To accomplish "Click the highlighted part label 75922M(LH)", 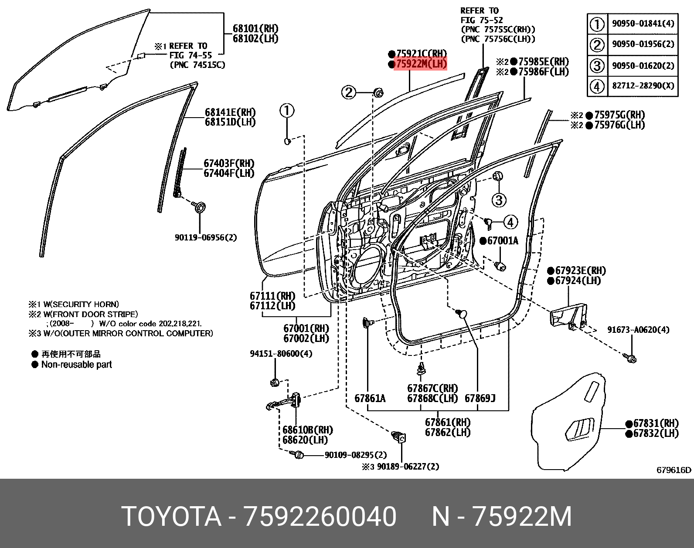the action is (421, 64).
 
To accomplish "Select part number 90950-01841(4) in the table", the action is (643, 23).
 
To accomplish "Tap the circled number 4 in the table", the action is (597, 86).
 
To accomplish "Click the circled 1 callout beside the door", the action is (287, 111).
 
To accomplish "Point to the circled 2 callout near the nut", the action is (349, 92).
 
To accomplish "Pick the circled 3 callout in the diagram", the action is (499, 200).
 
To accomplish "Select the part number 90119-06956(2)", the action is (206, 237).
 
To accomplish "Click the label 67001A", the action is (502, 240).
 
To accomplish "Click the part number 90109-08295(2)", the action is (356, 455).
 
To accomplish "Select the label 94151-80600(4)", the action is (281, 353).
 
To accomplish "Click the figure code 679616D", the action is (674, 470).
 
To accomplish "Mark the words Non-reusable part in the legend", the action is (76, 365).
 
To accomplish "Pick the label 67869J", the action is (480, 398).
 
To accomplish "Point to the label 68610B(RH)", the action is (307, 430).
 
